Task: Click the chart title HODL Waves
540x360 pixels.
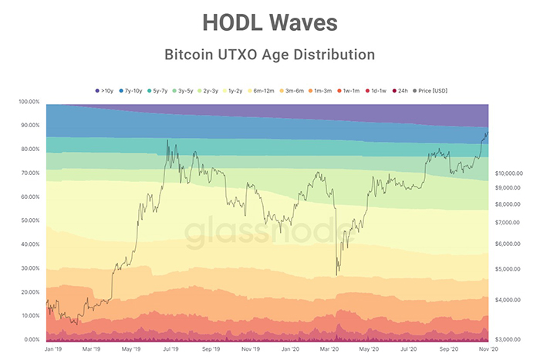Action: [x=270, y=22]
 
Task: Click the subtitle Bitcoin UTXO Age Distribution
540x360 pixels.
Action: [x=270, y=55]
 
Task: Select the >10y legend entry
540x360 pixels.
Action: [x=105, y=90]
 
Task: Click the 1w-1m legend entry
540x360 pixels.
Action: [x=352, y=90]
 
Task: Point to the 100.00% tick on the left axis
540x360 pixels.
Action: [x=29, y=102]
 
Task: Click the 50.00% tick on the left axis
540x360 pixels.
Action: [x=29, y=220]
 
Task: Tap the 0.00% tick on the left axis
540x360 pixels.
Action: [x=31, y=340]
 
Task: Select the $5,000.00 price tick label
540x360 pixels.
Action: [x=509, y=268]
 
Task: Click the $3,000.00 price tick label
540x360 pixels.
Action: [x=509, y=339]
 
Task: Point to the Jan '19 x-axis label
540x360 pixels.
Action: [x=55, y=349]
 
